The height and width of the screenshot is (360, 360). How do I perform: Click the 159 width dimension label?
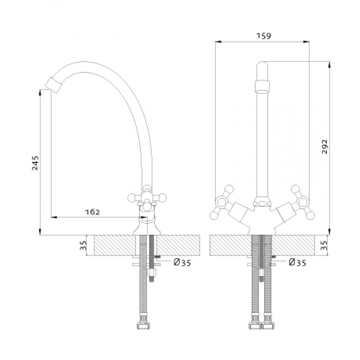tap(264, 36)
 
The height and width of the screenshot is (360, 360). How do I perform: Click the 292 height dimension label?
tap(324, 147)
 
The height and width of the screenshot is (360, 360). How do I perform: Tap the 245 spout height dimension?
tap(35, 163)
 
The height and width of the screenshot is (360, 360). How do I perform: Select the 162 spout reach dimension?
tap(93, 212)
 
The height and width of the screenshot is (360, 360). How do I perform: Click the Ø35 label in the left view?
tap(182, 262)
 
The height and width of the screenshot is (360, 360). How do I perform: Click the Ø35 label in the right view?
tap(298, 262)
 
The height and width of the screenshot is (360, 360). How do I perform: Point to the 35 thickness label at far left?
tap(83, 245)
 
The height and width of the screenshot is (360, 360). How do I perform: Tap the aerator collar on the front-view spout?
tap(262, 86)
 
